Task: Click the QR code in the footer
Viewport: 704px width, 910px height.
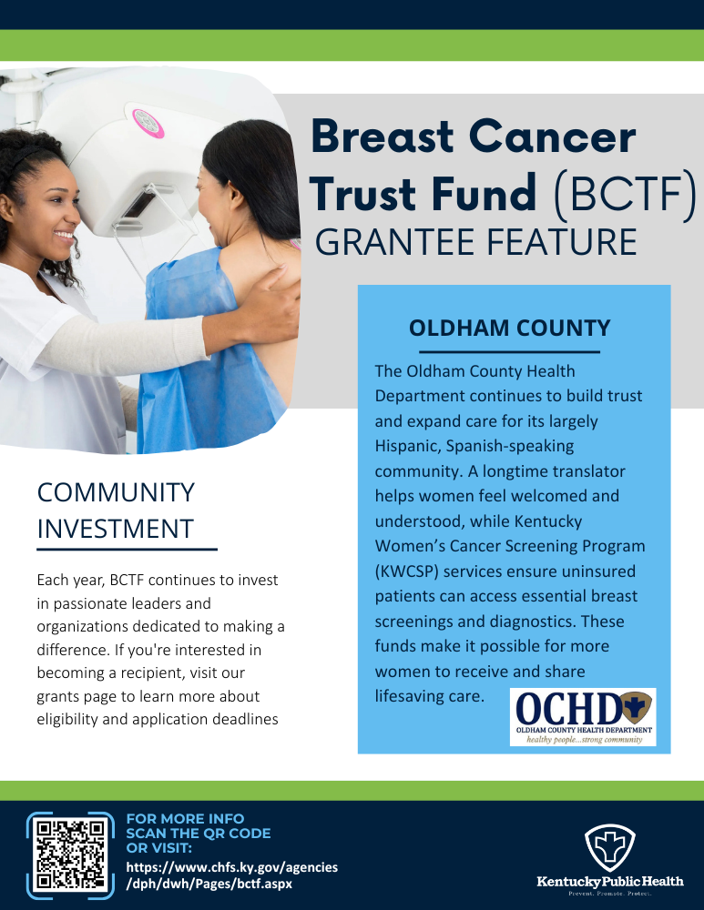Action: tap(69, 854)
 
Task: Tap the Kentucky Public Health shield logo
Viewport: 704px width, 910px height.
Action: tap(610, 846)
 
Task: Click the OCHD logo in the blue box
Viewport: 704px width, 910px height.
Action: tap(583, 717)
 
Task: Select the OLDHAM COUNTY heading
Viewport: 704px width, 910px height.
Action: tap(509, 328)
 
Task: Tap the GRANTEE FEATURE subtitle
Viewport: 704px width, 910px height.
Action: tap(474, 243)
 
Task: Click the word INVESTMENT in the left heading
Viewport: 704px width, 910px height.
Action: tap(115, 528)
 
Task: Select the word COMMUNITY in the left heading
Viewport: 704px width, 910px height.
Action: tap(116, 492)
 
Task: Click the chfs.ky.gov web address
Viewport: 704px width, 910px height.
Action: tap(231, 875)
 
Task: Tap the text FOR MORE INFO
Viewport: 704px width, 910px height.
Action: tap(185, 819)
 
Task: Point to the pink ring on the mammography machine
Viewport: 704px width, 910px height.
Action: tap(148, 122)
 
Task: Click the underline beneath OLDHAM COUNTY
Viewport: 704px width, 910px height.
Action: tap(509, 351)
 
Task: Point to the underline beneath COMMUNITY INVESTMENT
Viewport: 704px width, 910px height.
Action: tap(127, 550)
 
